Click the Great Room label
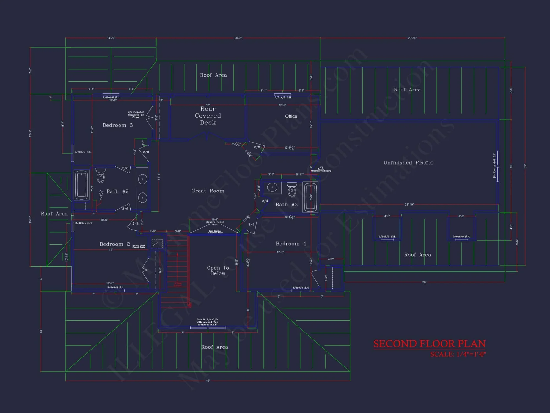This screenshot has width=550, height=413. click(208, 191)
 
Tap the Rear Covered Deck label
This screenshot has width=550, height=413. click(208, 116)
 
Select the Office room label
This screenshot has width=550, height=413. click(291, 116)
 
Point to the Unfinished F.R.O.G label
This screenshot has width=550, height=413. click(408, 163)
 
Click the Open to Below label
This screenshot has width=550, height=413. click(218, 270)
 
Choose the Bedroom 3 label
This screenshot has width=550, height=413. click(117, 125)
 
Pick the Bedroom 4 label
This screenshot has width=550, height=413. click(291, 244)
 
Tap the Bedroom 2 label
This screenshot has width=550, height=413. click(114, 244)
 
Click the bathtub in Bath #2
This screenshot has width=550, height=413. click(81, 185)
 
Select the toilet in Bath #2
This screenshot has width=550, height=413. click(101, 175)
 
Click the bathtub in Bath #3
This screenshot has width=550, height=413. click(310, 197)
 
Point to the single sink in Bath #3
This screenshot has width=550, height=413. click(272, 188)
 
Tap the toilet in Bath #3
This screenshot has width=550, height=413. click(292, 189)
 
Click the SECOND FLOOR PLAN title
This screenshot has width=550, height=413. click(430, 344)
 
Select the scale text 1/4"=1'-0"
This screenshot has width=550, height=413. click(458, 354)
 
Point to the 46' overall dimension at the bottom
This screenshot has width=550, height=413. click(208, 381)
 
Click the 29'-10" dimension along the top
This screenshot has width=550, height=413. click(412, 38)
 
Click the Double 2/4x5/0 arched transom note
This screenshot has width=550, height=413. click(207, 322)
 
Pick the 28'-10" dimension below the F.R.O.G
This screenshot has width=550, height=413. click(409, 205)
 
